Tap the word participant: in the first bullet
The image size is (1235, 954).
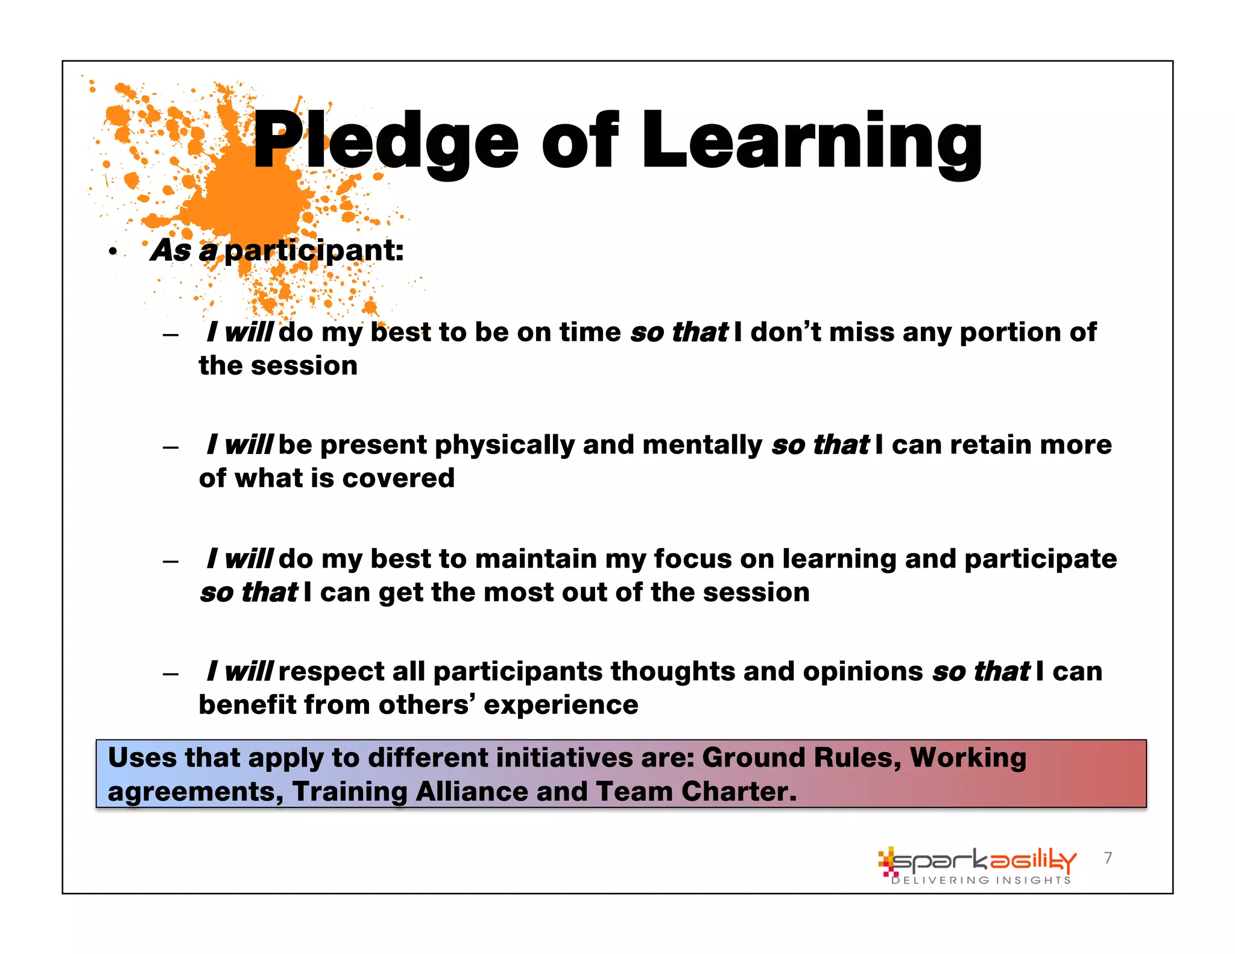tap(314, 250)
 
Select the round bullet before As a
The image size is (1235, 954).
tap(113, 251)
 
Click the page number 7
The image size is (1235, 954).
tap(1108, 858)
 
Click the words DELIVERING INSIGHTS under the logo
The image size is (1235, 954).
tap(981, 880)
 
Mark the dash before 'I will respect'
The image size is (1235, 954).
tap(171, 674)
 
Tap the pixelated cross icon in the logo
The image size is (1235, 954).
tap(887, 861)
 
